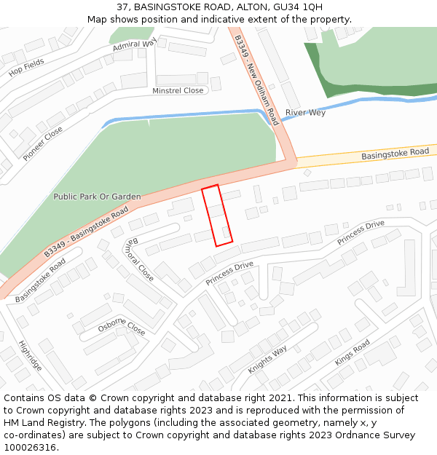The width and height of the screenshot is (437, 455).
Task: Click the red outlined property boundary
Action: pos(217,215)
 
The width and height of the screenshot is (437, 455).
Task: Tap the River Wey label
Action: pos(305,113)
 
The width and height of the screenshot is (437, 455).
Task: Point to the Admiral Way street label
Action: pos(135,46)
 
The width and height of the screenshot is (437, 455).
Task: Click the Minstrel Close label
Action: pos(178,91)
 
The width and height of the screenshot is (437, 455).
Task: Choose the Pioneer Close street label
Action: pos(42,143)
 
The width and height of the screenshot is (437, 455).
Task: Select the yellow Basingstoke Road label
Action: pos(395,153)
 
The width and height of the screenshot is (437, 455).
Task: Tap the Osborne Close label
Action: pos(122,328)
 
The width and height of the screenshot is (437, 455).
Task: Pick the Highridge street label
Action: pos(31,355)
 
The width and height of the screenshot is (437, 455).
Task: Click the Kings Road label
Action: pos(353,352)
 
